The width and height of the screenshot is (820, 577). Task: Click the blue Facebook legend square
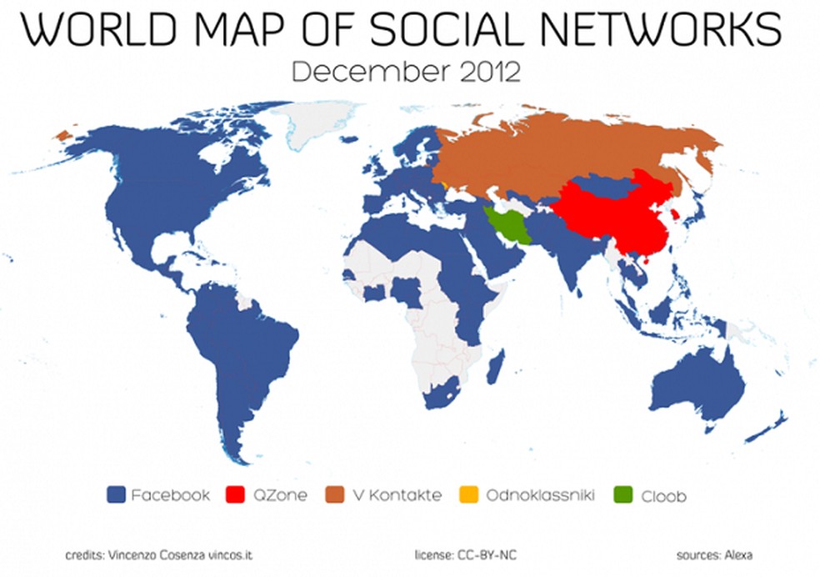117,495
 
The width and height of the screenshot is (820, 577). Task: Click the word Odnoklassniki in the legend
540,495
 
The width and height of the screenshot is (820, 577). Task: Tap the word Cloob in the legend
663,495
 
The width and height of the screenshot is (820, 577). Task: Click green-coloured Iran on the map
507,223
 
